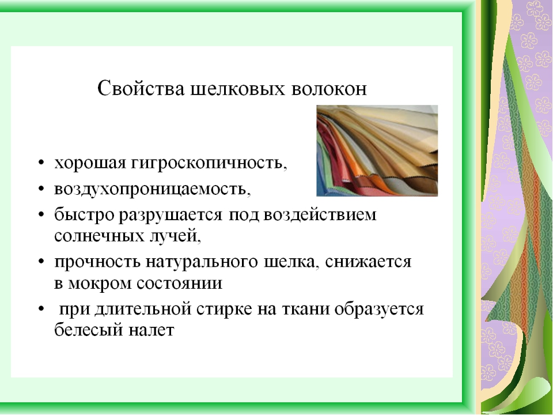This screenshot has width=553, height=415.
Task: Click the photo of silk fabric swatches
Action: click(377, 150)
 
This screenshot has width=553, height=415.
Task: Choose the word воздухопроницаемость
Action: click(153, 188)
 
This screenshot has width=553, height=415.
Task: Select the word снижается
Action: click(368, 262)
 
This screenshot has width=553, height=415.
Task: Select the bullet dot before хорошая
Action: click(41, 164)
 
